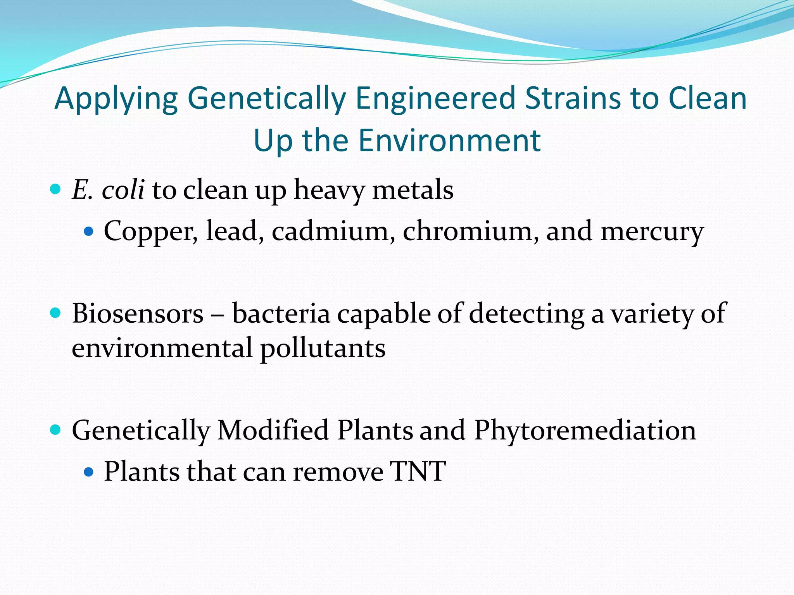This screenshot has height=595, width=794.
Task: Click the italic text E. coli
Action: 108,190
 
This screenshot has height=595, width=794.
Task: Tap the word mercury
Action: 652,232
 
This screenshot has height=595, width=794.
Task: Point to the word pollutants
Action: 323,348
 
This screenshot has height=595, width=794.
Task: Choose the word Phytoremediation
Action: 585,430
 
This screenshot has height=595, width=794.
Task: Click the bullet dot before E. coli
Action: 56,189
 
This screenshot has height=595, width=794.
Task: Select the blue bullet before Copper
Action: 89,232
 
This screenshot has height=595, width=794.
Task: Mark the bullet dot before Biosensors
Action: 56,313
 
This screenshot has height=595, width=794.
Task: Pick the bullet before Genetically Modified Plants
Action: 56,430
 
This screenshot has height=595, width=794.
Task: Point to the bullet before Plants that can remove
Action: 89,472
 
